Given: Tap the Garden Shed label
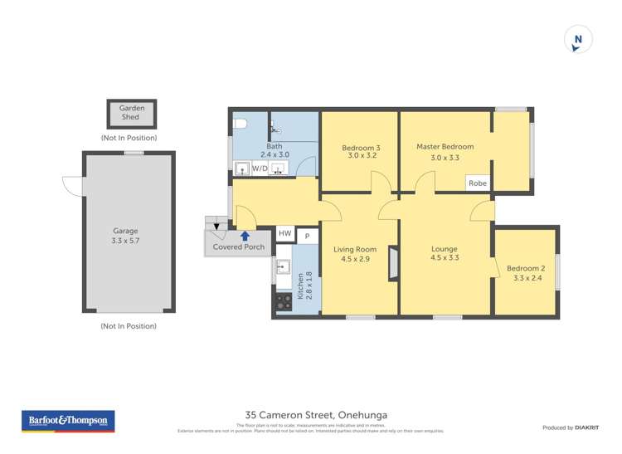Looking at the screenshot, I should pos(131,113).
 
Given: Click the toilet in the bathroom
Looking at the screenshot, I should pos(241,125).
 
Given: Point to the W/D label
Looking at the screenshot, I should pos(260,168).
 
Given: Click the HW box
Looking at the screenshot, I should pos(284,235).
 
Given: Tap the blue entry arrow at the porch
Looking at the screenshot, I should pos(245,236).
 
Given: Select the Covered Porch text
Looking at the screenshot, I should pos(239,247).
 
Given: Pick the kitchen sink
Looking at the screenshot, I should pos(283,267).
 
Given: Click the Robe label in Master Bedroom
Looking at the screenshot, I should pos(477,183).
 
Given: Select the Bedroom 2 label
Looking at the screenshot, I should pos(525,268).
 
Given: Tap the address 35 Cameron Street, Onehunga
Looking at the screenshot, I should pos(316,414).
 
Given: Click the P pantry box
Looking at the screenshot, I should pos(307,236).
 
